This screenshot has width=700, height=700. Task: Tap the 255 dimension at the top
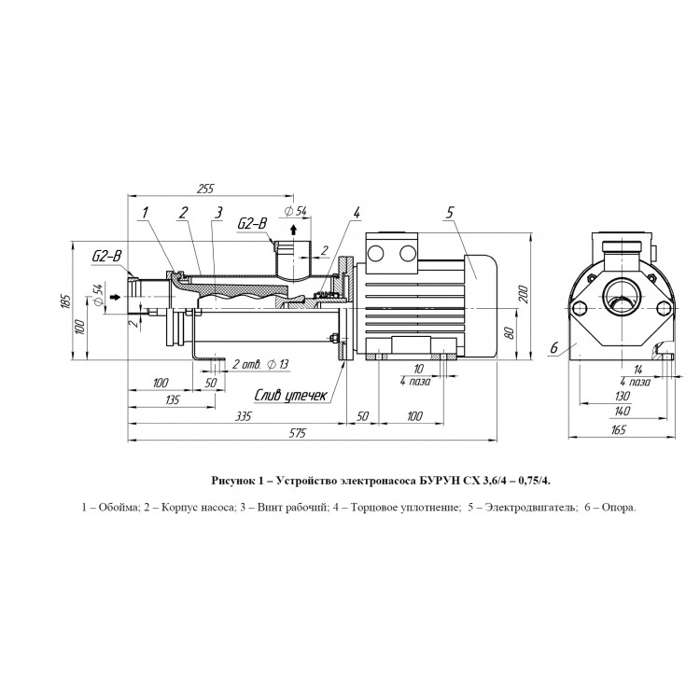[205, 189]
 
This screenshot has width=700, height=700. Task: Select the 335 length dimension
[244, 416]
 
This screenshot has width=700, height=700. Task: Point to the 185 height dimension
[65, 301]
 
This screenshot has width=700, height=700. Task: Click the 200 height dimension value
[524, 294]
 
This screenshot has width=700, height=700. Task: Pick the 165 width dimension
[619, 429]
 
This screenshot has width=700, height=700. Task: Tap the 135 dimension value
[172, 399]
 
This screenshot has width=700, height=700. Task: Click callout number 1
[145, 213]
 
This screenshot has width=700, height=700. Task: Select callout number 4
[356, 213]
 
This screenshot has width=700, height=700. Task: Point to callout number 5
[450, 213]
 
